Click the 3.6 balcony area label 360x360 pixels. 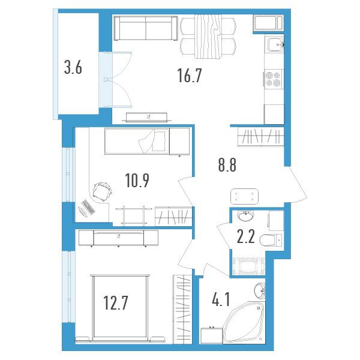click(73, 68)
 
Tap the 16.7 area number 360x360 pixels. click(190, 76)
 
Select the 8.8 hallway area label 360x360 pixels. click(227, 165)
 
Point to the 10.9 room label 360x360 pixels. click(137, 180)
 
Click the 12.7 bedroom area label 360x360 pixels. click(115, 303)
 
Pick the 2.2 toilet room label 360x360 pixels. click(245, 236)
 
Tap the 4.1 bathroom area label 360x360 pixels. click(221, 299)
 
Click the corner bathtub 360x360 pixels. click(244, 322)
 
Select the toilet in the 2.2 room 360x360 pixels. click(271, 240)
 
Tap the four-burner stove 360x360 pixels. click(274, 79)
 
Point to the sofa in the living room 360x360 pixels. click(146, 28)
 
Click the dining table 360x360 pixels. click(208, 36)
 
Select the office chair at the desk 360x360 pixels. click(103, 191)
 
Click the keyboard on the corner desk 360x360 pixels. click(88, 207)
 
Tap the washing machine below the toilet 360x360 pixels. click(248, 266)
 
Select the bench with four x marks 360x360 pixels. click(244, 196)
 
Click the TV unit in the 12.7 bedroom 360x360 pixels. click(118, 238)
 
